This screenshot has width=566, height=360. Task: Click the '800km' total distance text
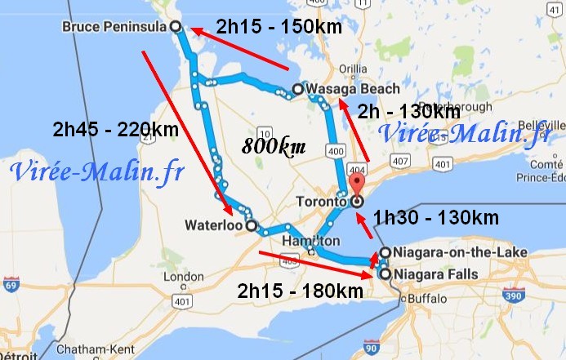(x=274, y=147)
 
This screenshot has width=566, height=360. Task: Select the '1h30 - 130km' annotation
(x=436, y=217)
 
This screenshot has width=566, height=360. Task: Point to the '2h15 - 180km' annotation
(x=301, y=291)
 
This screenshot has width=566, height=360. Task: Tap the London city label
(x=184, y=278)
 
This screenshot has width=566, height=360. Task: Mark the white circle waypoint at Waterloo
(x=251, y=225)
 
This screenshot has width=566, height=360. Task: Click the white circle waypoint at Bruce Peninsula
(x=176, y=27)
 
